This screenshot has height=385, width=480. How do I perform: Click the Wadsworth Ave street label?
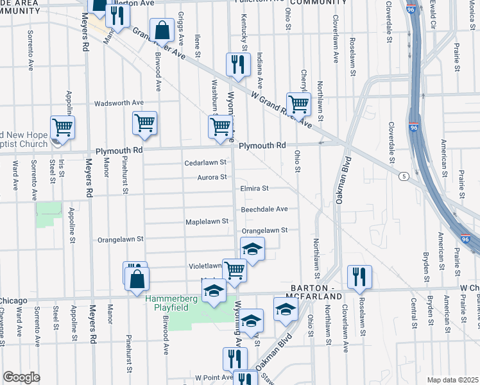pyautogui.click(x=119, y=103)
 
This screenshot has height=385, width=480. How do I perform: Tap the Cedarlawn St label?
pyautogui.click(x=206, y=163)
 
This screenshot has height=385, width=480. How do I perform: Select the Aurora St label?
pyautogui.click(x=212, y=177)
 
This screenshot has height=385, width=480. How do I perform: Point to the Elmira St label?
pyautogui.click(x=254, y=189)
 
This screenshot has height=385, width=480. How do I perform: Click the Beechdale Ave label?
pyautogui.click(x=264, y=209)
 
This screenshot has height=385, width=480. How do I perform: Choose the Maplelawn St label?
pyautogui.click(x=207, y=221)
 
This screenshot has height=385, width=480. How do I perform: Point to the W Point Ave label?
pyautogui.click(x=214, y=378)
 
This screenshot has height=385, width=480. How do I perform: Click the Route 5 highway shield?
pyautogui.click(x=402, y=176)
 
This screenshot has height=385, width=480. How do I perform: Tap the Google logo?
pyautogui.click(x=21, y=377)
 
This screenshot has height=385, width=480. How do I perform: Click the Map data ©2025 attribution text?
pyautogui.click(x=452, y=380)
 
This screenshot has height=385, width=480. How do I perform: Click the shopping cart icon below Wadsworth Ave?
pyautogui.click(x=144, y=122)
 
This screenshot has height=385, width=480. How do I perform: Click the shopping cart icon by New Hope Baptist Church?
pyautogui.click(x=63, y=127)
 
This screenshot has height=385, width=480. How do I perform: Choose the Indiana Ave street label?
pyautogui.click(x=260, y=71)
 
